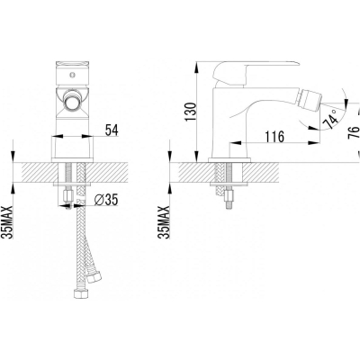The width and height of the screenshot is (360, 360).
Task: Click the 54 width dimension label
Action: (x=112, y=130)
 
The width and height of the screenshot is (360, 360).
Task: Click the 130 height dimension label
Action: (x=190, y=112)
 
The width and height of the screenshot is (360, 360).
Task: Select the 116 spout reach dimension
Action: (x=274, y=137)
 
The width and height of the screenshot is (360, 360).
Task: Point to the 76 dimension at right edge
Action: (x=353, y=132)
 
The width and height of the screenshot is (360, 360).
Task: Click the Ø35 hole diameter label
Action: (x=106, y=200)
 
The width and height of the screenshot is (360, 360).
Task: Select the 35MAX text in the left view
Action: (x=9, y=222)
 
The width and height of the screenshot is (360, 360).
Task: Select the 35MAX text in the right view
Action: (x=164, y=222)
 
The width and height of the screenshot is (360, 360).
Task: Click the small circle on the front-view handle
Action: (x=72, y=75)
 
